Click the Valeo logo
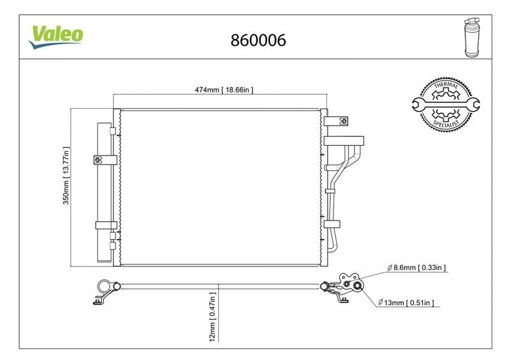click(56, 36)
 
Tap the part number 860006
click(258, 40)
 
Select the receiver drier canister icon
click(472, 38)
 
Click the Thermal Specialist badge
click(446, 104)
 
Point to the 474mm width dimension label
click(224, 89)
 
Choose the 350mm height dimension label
click(66, 176)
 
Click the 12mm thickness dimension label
click(212, 317)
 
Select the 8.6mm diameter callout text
click(417, 268)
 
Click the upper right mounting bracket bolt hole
click(343, 121)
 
